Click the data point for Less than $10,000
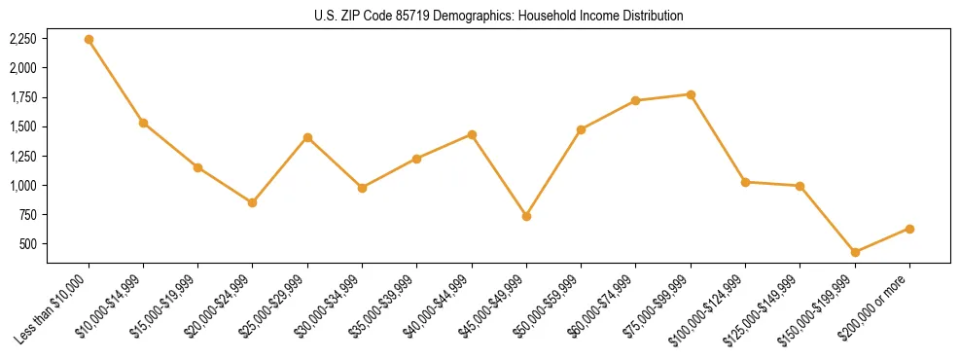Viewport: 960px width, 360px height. pyautogui.click(x=89, y=40)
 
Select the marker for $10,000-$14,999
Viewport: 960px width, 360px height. pyautogui.click(x=143, y=123)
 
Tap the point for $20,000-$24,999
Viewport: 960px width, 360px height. pyautogui.click(x=253, y=202)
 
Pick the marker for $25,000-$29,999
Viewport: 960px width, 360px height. pyautogui.click(x=307, y=137)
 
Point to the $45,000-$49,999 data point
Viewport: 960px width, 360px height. pyautogui.click(x=526, y=216)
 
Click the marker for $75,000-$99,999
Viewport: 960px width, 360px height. pyautogui.click(x=691, y=94)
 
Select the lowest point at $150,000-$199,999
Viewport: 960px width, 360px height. pyautogui.click(x=855, y=252)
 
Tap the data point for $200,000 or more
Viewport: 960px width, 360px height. pyautogui.click(x=909, y=229)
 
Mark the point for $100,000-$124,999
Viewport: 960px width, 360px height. pyautogui.click(x=745, y=182)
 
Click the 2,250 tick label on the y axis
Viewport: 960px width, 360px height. pyautogui.click(x=22, y=39)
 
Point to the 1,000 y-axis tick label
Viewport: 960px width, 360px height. pyautogui.click(x=22, y=185)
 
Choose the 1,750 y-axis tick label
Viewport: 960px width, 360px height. pyautogui.click(x=22, y=97)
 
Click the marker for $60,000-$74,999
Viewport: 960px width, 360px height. pyautogui.click(x=636, y=100)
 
